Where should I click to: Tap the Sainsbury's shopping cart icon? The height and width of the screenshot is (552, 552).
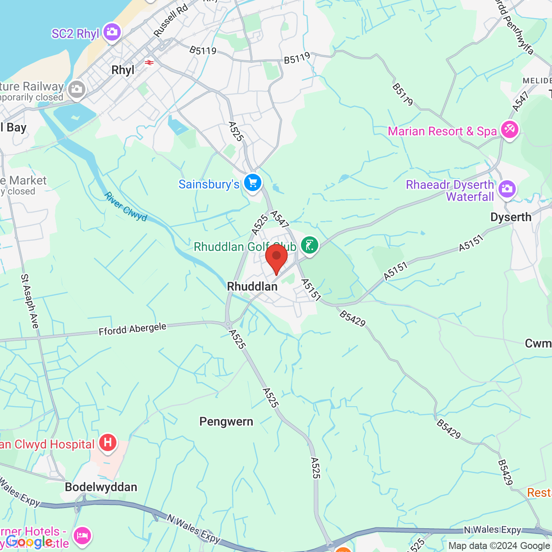253,182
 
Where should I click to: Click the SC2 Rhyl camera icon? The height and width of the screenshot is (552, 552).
112,32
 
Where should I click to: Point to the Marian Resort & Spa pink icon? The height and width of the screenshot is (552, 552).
509,129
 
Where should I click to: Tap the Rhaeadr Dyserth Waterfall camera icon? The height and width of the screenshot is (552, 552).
507,189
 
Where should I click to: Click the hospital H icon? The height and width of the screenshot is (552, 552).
108,443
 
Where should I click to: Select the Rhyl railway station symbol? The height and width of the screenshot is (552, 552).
149,63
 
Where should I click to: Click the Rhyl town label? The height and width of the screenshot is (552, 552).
123,70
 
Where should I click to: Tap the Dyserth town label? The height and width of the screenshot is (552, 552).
511,217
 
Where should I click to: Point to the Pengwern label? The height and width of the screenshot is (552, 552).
226,422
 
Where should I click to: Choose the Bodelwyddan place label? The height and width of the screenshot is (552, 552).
101,487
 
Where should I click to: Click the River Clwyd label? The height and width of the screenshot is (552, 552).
125,207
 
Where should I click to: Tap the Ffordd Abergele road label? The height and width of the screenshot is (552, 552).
132,329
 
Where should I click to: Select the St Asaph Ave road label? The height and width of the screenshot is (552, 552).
30,301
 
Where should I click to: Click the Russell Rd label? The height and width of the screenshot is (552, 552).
171,20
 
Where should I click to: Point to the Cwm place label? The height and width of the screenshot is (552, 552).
538,344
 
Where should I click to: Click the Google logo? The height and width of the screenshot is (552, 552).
29,542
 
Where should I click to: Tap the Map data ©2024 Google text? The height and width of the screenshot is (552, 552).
499,546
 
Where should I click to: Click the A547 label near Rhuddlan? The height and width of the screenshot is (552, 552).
279,219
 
